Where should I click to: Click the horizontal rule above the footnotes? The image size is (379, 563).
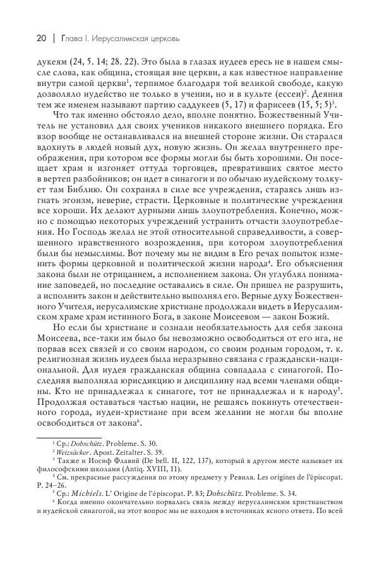click(63, 436)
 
